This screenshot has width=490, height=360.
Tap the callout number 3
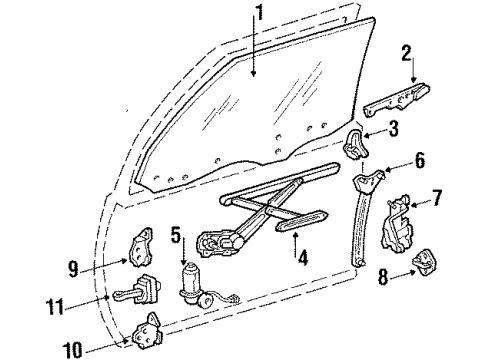[393, 127]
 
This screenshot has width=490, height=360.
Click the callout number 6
[420, 159]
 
